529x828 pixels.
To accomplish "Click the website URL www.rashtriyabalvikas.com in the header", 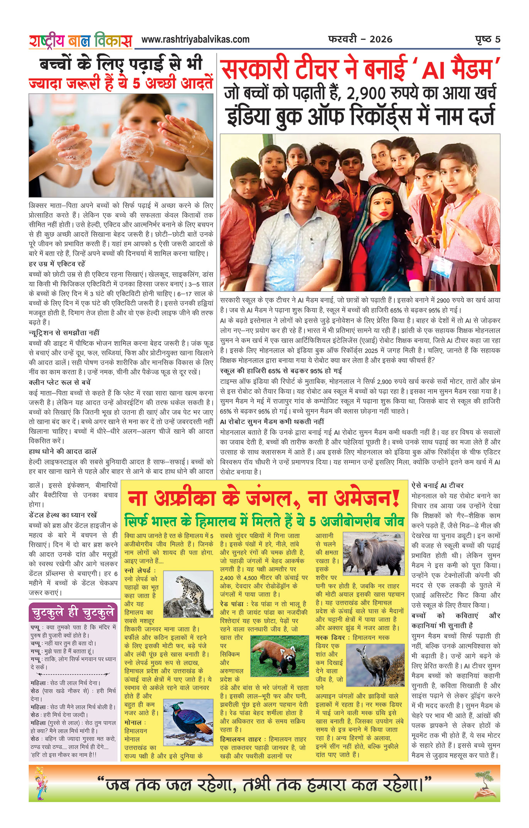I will [195, 39].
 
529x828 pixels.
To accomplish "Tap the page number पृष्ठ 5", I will [487, 39].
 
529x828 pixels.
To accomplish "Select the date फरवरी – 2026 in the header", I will [360, 39].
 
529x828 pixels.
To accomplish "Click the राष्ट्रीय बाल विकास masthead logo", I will [81, 41].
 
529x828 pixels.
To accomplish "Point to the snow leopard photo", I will [188, 594].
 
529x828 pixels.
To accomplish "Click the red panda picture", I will [280, 656].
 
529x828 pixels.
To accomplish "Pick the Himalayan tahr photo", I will [373, 554].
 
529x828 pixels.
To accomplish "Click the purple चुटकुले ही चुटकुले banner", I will [73, 612].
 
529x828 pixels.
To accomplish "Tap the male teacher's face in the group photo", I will [307, 193].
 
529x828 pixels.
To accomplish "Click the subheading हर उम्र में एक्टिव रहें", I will [57, 264].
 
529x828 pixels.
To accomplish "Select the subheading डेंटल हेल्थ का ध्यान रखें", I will [63, 515].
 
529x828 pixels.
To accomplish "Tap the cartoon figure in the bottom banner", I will [41, 783].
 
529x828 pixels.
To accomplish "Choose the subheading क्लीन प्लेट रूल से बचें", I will [60, 383].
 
